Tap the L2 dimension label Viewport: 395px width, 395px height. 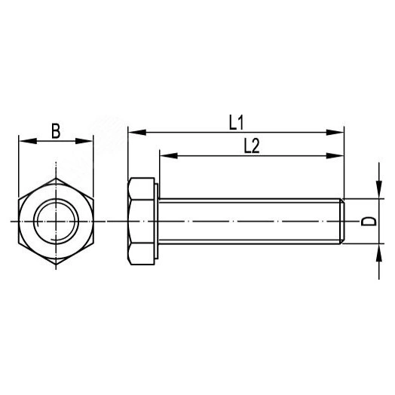click(251, 146)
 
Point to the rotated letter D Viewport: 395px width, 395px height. click(369, 221)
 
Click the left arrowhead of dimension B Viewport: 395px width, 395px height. click(23, 141)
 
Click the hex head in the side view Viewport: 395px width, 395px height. click(140, 221)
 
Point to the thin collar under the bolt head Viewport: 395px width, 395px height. click(156, 221)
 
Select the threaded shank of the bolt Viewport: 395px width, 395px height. click(249, 221)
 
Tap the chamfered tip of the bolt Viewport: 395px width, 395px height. click(343, 221)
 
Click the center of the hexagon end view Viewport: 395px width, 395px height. click(56, 221)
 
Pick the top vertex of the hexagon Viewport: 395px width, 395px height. click(56, 178)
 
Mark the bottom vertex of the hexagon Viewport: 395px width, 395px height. click(56, 265)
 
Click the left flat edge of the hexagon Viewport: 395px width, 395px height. click(19, 221)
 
